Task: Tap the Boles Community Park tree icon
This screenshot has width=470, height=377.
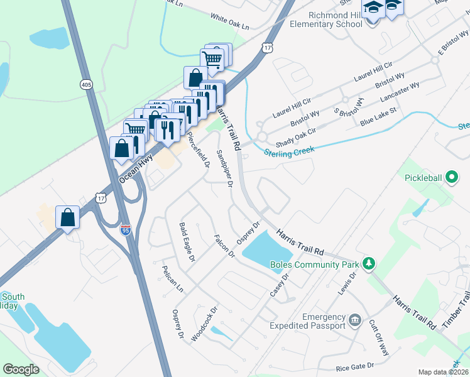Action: point(371,263)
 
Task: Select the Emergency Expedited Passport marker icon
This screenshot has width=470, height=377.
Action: point(355,321)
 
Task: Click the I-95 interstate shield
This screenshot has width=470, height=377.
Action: point(126,230)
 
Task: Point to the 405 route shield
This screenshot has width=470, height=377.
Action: point(86,84)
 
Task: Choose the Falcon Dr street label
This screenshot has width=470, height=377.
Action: point(224,246)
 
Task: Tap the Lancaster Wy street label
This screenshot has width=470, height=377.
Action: point(400,95)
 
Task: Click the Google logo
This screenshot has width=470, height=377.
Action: point(21,369)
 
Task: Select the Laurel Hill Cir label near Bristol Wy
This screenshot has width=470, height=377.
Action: point(292,107)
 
